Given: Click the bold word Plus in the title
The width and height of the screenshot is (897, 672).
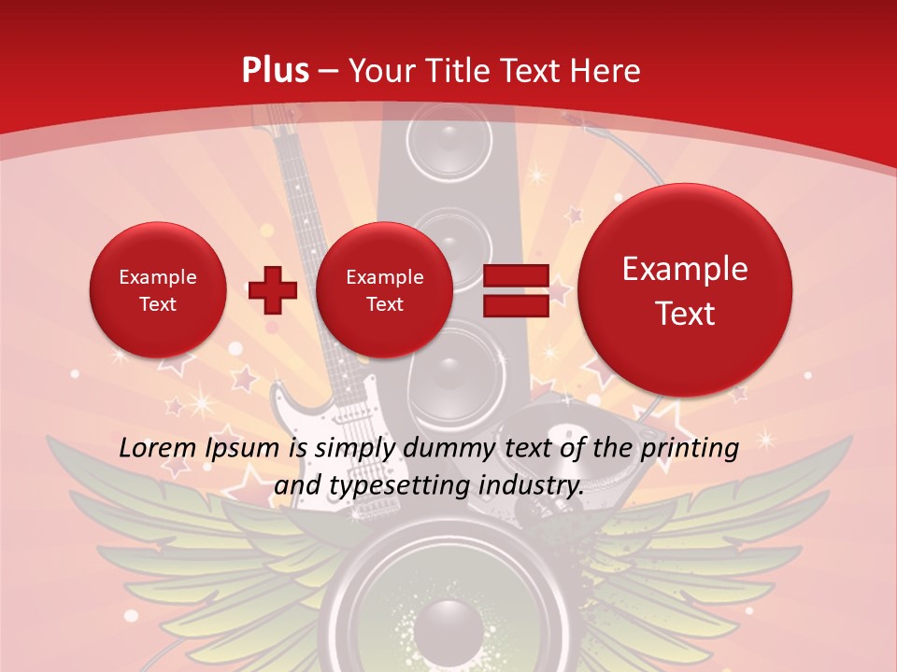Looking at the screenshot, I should coord(275,71).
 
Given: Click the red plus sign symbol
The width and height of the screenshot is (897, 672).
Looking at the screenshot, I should coord(273,290).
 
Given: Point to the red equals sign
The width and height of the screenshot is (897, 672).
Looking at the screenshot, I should coord(515,289).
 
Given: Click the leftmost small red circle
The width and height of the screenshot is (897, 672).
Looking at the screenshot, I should coord(157,290).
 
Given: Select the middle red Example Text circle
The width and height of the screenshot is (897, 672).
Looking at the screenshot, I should coord(384,290).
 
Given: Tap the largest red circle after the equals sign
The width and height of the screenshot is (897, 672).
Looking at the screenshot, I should coord(685,290).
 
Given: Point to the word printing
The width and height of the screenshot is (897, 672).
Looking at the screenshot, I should coord(690,449).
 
